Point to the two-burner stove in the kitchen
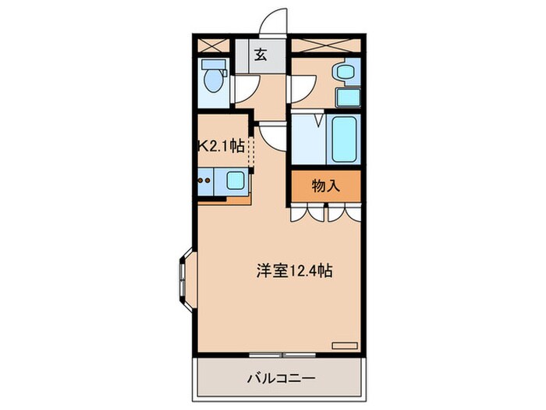pyautogui.click(x=205, y=183)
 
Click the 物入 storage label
pyautogui.click(x=327, y=185)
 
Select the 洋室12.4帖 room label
pyautogui.click(x=296, y=271)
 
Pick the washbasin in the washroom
pyautogui.click(x=346, y=73)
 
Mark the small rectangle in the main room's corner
pyautogui.click(x=344, y=344)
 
